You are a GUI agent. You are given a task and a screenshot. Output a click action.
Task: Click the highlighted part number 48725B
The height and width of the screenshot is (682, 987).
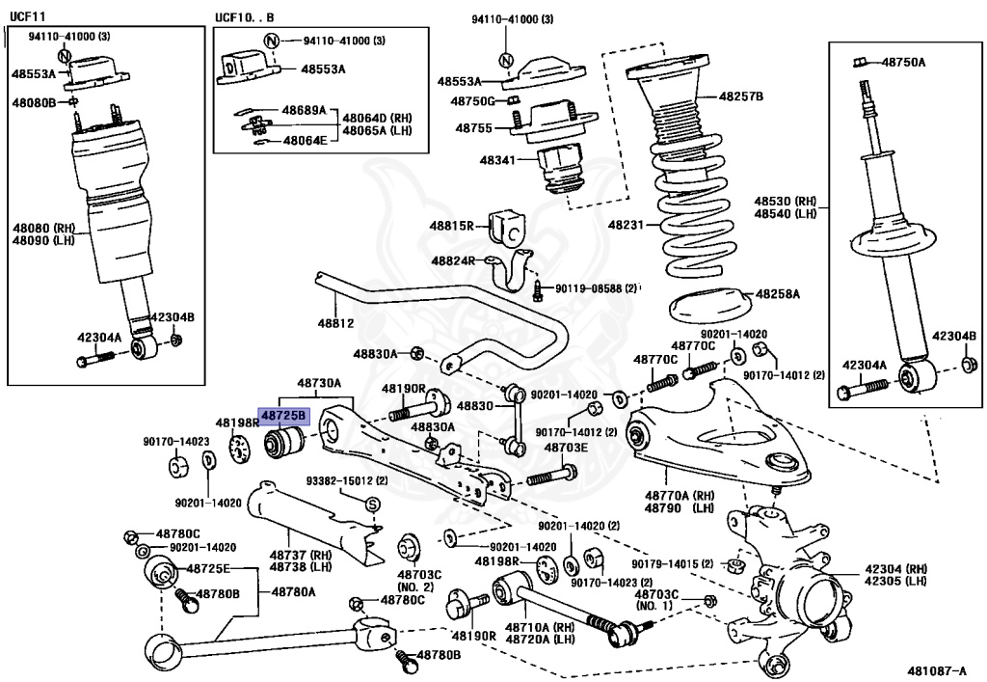[x=281, y=416]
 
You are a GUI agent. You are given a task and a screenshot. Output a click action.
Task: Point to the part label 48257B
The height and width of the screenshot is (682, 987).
[x=740, y=96]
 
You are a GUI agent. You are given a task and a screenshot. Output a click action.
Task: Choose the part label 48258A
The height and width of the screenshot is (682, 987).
[x=777, y=292]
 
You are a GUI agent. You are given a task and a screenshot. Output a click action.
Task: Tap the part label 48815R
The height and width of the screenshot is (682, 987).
[x=452, y=226]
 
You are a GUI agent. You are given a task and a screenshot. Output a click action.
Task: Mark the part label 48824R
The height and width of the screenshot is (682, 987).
[x=452, y=260]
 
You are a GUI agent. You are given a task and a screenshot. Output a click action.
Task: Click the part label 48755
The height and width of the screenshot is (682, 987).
[x=474, y=127]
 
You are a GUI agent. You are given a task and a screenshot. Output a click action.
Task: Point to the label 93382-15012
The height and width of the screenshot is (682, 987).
[x=340, y=480]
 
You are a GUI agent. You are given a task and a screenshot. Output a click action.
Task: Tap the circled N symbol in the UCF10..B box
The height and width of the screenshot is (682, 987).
[x=272, y=41]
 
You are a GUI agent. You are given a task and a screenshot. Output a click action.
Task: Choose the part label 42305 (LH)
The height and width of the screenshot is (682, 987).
[x=895, y=581]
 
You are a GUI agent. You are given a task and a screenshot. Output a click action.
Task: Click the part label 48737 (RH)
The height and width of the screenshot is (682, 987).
[x=301, y=555]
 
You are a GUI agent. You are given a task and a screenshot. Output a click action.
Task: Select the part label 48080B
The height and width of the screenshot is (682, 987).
[x=34, y=101]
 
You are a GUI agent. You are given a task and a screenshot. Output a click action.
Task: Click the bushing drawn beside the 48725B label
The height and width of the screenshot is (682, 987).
[x=283, y=443]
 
